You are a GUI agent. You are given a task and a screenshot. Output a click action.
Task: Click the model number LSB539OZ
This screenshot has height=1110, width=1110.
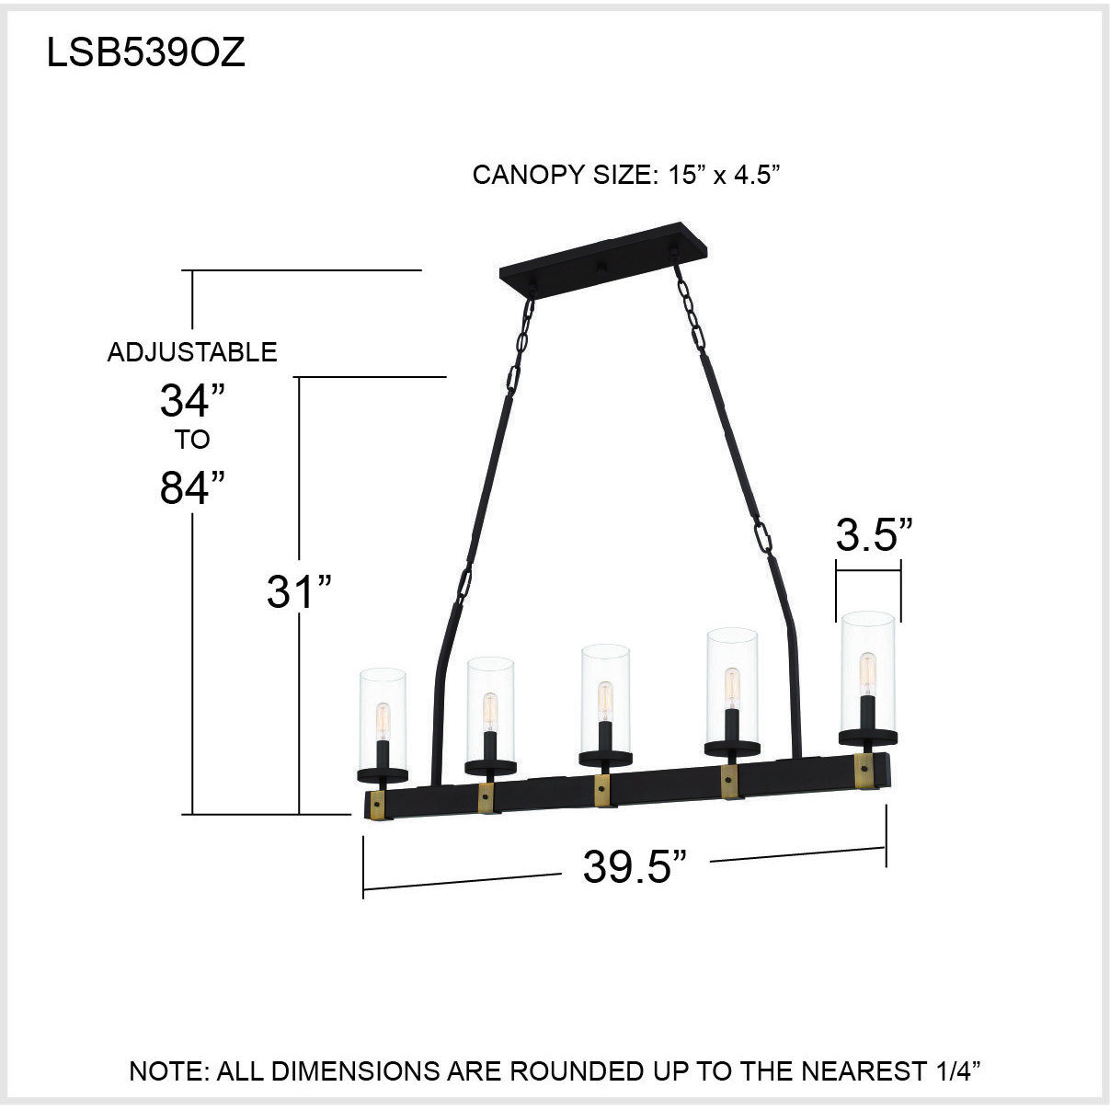tap(146, 53)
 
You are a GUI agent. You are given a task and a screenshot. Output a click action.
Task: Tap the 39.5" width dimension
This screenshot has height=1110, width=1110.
tap(635, 865)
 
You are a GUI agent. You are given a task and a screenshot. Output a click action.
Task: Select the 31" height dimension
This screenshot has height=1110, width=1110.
tap(298, 591)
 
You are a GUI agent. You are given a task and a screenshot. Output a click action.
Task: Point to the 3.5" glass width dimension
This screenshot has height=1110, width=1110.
tap(874, 535)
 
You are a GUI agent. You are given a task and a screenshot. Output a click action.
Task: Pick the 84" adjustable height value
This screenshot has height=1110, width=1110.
tap(192, 487)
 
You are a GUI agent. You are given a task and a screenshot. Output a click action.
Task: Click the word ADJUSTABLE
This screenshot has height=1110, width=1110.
tap(191, 352)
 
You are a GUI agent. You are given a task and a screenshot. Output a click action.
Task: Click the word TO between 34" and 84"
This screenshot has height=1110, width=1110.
tap(192, 440)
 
